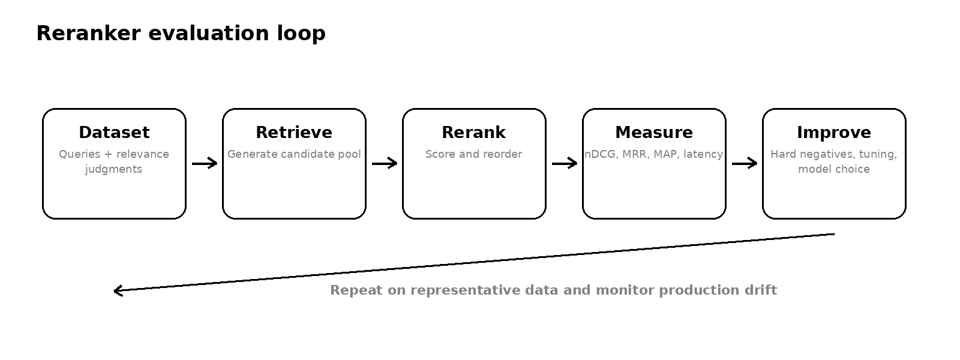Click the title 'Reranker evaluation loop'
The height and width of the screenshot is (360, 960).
coord(181,34)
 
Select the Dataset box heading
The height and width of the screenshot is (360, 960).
coord(115,133)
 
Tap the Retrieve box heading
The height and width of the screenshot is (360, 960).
coord(294,133)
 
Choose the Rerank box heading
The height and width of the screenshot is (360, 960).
coord(474,133)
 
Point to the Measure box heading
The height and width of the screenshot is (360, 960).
coord(654,133)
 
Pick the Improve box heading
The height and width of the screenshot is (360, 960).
coord(834,133)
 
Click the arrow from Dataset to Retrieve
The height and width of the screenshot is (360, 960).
coord(205,163)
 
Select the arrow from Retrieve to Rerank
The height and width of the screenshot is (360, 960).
coord(385,163)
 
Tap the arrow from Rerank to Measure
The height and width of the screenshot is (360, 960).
coord(565,163)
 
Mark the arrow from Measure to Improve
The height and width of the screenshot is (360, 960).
coord(745,163)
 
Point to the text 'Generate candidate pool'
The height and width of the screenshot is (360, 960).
coord(294,154)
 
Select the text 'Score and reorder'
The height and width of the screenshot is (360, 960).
coord(473,154)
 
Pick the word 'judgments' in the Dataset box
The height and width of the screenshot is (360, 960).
coord(113,169)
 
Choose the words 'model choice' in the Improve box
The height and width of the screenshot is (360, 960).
coord(834,169)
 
